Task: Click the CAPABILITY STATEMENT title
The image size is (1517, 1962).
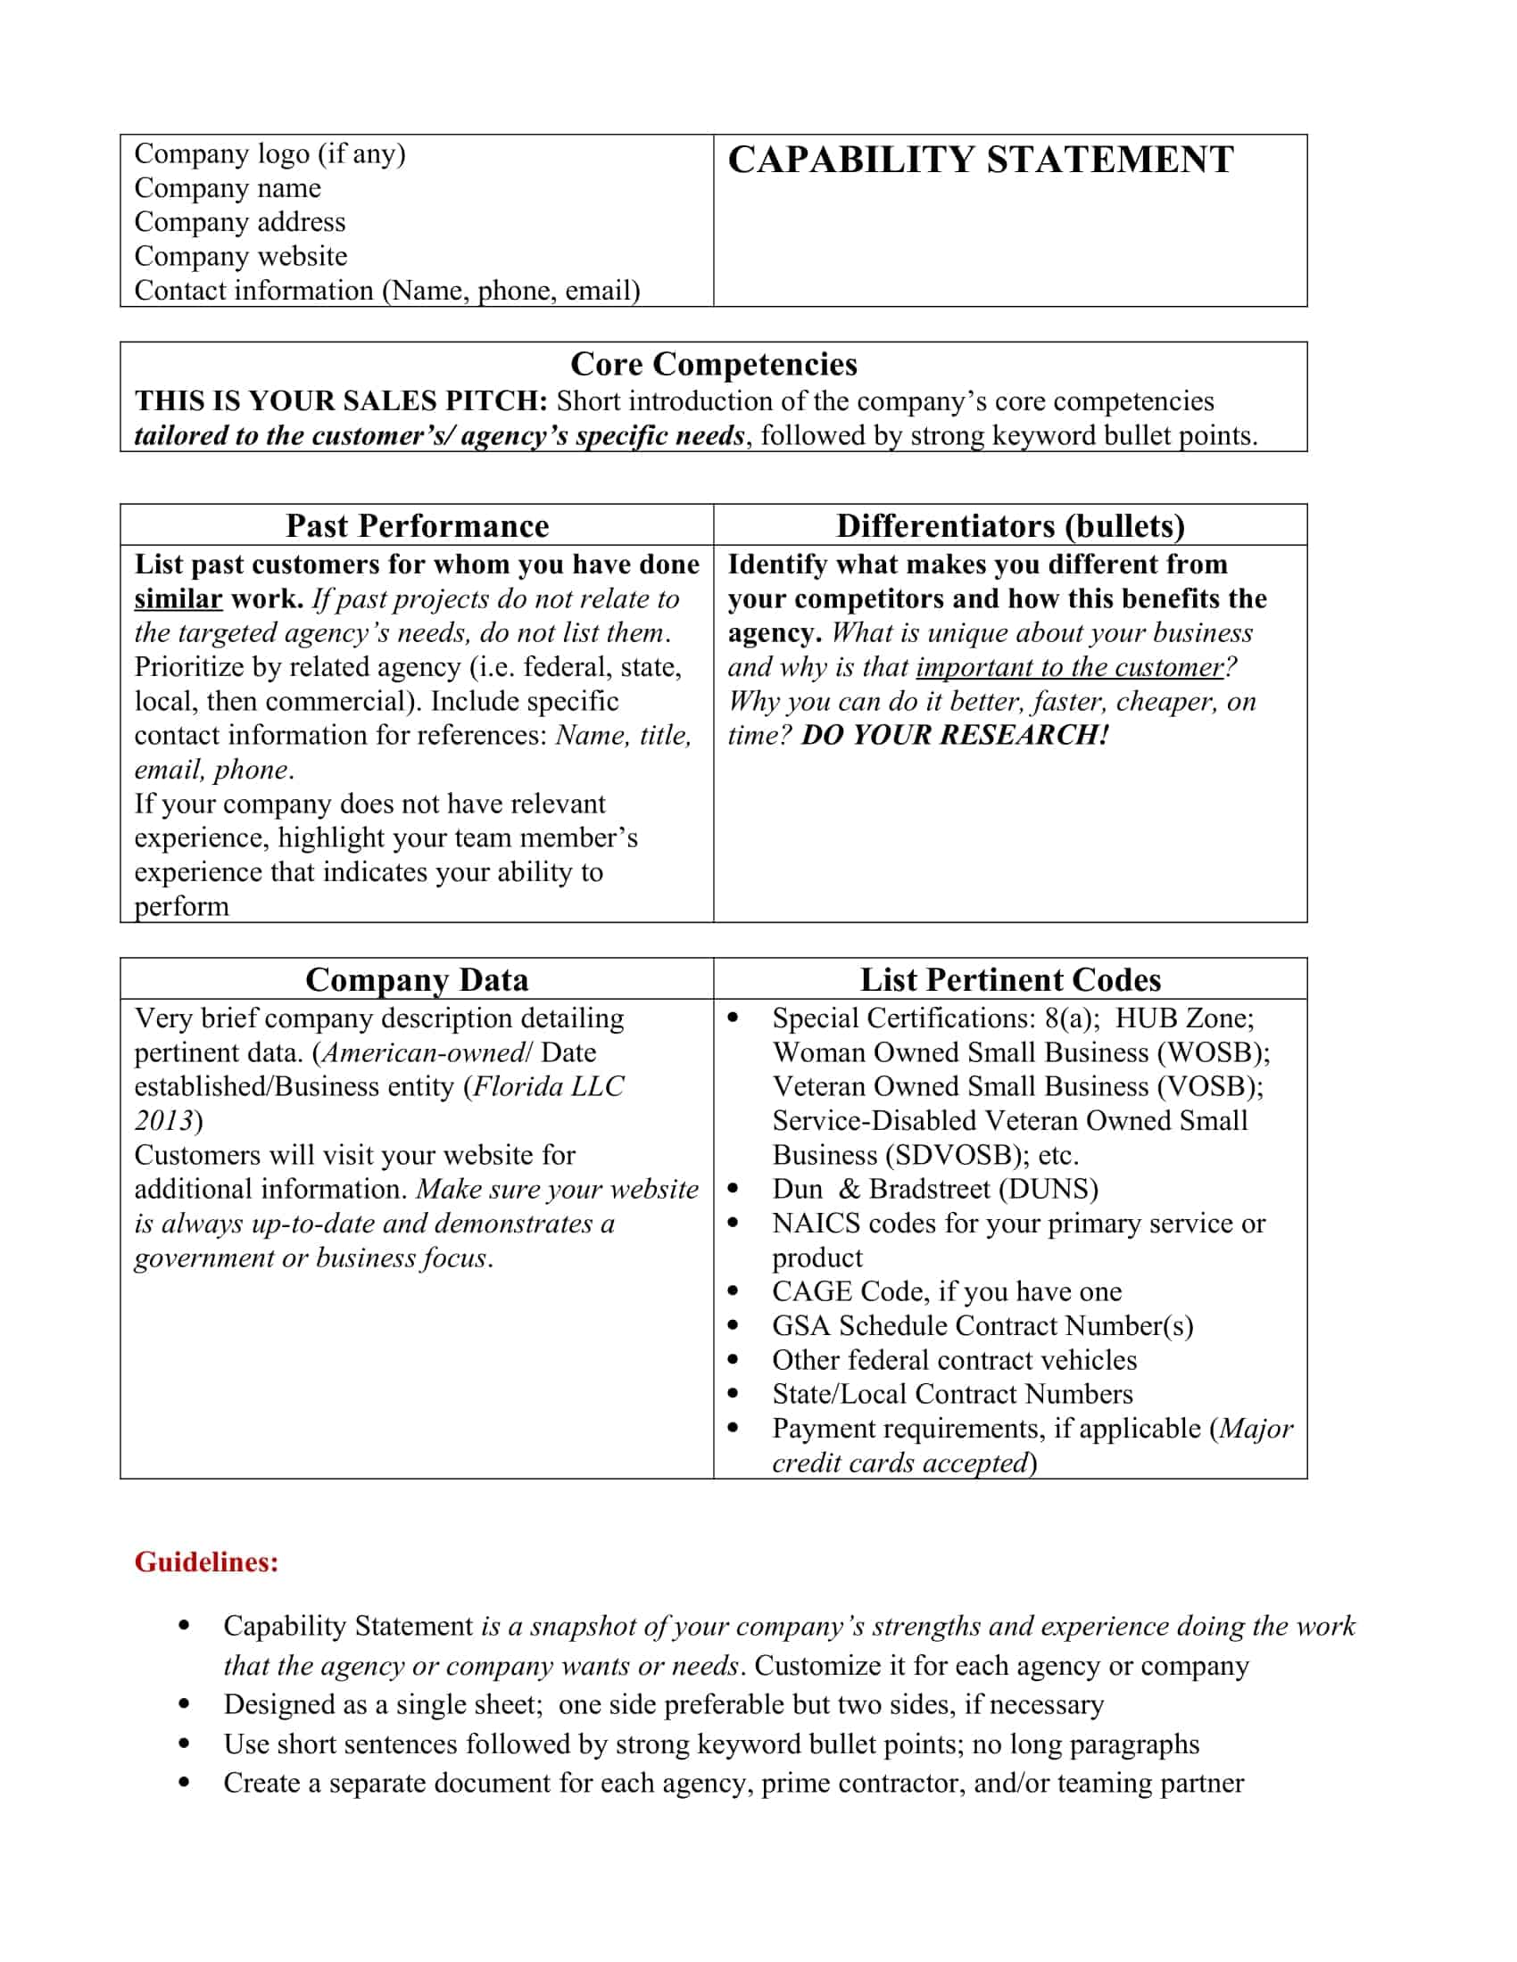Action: click(x=981, y=160)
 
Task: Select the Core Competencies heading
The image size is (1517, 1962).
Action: click(x=714, y=364)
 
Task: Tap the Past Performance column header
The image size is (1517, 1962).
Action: click(x=417, y=525)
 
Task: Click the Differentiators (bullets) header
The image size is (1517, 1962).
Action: click(x=1010, y=525)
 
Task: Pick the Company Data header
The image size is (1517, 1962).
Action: click(x=417, y=979)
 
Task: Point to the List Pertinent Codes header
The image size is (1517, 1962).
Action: click(x=1010, y=979)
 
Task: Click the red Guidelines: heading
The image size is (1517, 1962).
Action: click(x=207, y=1562)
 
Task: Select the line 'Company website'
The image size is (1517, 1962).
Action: click(x=241, y=256)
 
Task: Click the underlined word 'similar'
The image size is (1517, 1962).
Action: click(x=178, y=599)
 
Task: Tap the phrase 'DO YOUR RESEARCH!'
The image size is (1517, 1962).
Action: click(x=955, y=736)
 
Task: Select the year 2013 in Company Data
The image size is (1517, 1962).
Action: click(x=164, y=1121)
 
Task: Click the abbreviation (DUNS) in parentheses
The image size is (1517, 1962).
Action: click(x=1047, y=1190)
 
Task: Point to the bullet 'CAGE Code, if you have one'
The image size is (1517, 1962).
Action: click(x=946, y=1292)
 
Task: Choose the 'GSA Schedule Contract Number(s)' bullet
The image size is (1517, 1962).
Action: click(x=982, y=1326)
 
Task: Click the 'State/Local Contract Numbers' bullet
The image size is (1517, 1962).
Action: click(x=952, y=1394)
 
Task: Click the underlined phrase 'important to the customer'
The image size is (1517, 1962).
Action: click(x=1070, y=667)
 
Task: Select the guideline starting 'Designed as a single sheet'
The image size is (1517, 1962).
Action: click(x=663, y=1704)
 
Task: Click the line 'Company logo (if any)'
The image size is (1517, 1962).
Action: click(x=269, y=153)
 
